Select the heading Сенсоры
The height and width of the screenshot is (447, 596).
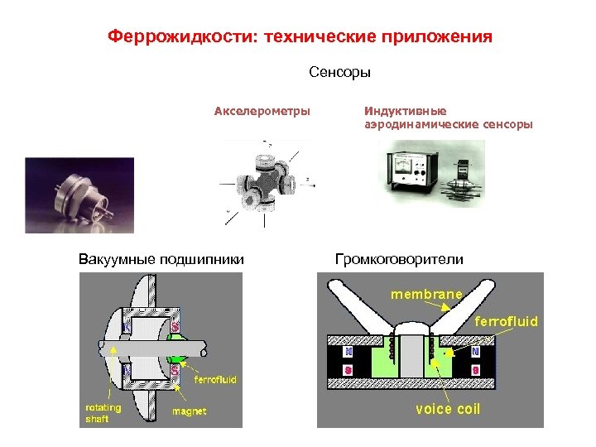340,73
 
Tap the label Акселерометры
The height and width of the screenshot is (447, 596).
262,110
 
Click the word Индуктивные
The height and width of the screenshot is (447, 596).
405,110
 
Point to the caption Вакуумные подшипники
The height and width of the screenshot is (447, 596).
161,259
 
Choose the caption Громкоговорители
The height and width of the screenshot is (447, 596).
399,259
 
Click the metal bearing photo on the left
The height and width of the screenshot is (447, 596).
79,195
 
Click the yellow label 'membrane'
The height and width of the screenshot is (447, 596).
426,294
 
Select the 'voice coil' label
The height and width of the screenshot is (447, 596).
447,409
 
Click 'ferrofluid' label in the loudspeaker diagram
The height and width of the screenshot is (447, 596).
506,320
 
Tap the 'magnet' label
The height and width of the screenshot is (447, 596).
189,411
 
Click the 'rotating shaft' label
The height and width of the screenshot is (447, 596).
103,413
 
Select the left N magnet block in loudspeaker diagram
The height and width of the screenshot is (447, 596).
347,351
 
